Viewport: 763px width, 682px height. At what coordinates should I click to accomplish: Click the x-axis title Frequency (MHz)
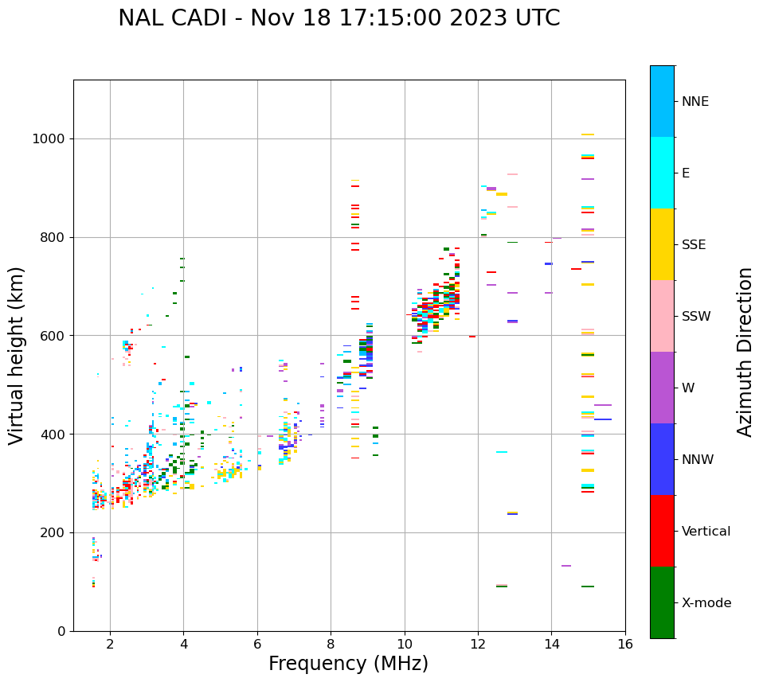pos(348,664)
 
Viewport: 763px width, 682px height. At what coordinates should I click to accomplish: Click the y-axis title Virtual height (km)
pos(17,355)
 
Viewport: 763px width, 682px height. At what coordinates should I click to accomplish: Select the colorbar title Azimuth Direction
pos(745,352)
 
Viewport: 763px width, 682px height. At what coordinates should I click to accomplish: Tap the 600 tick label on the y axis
pos(52,336)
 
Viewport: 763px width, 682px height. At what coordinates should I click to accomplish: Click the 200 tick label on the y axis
pos(52,532)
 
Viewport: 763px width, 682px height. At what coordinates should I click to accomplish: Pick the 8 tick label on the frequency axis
pos(331,644)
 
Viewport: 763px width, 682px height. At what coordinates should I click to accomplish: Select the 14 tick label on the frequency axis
pos(552,644)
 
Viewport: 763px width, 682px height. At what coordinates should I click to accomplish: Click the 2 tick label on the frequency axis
pos(110,644)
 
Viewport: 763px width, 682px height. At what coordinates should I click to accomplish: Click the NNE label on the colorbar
pos(695,102)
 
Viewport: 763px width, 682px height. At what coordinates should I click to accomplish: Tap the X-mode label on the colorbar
pos(706,603)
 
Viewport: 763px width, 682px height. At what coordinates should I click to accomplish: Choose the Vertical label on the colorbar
pos(706,532)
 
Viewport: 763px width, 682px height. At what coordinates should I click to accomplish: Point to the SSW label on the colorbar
pos(696,317)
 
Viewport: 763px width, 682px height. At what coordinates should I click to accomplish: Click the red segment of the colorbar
pos(662,531)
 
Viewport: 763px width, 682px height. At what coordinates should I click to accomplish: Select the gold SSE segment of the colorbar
pos(662,244)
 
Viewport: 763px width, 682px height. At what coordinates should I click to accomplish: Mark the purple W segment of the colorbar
pos(662,388)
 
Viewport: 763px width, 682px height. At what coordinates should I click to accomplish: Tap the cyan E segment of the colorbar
pos(662,173)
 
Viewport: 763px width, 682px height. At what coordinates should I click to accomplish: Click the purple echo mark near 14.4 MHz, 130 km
pos(566,566)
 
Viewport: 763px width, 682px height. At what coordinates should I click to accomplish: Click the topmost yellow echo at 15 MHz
pos(588,134)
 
